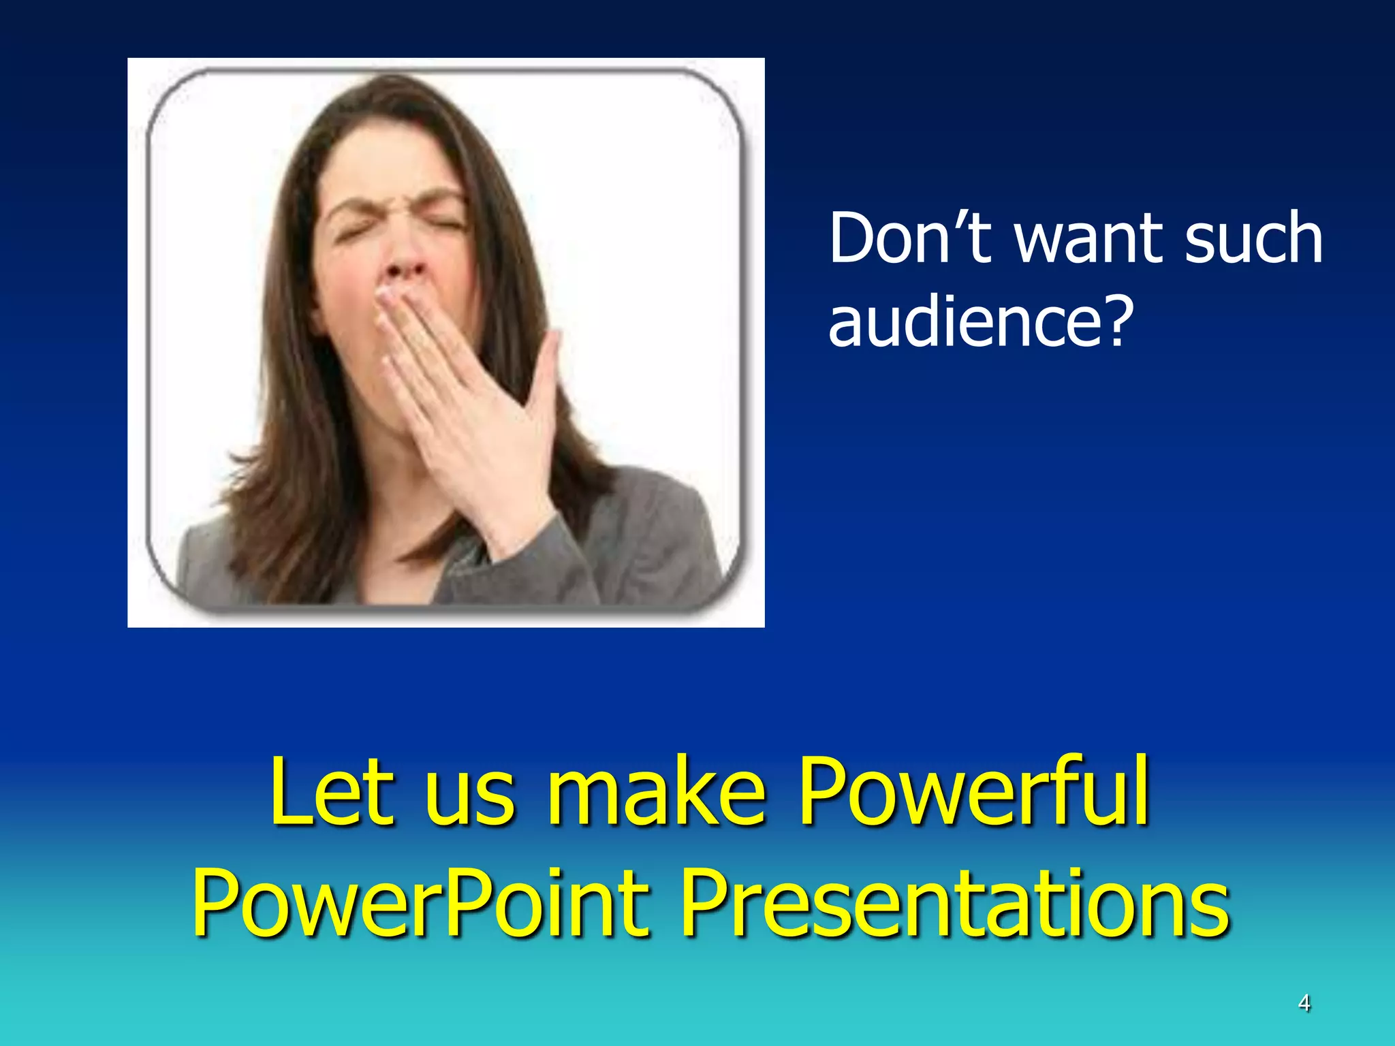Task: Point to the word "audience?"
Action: tap(981, 320)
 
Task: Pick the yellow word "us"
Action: tap(470, 797)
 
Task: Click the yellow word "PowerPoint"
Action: tap(420, 903)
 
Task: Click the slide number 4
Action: tap(1304, 1003)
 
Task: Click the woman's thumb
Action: tap(545, 368)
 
